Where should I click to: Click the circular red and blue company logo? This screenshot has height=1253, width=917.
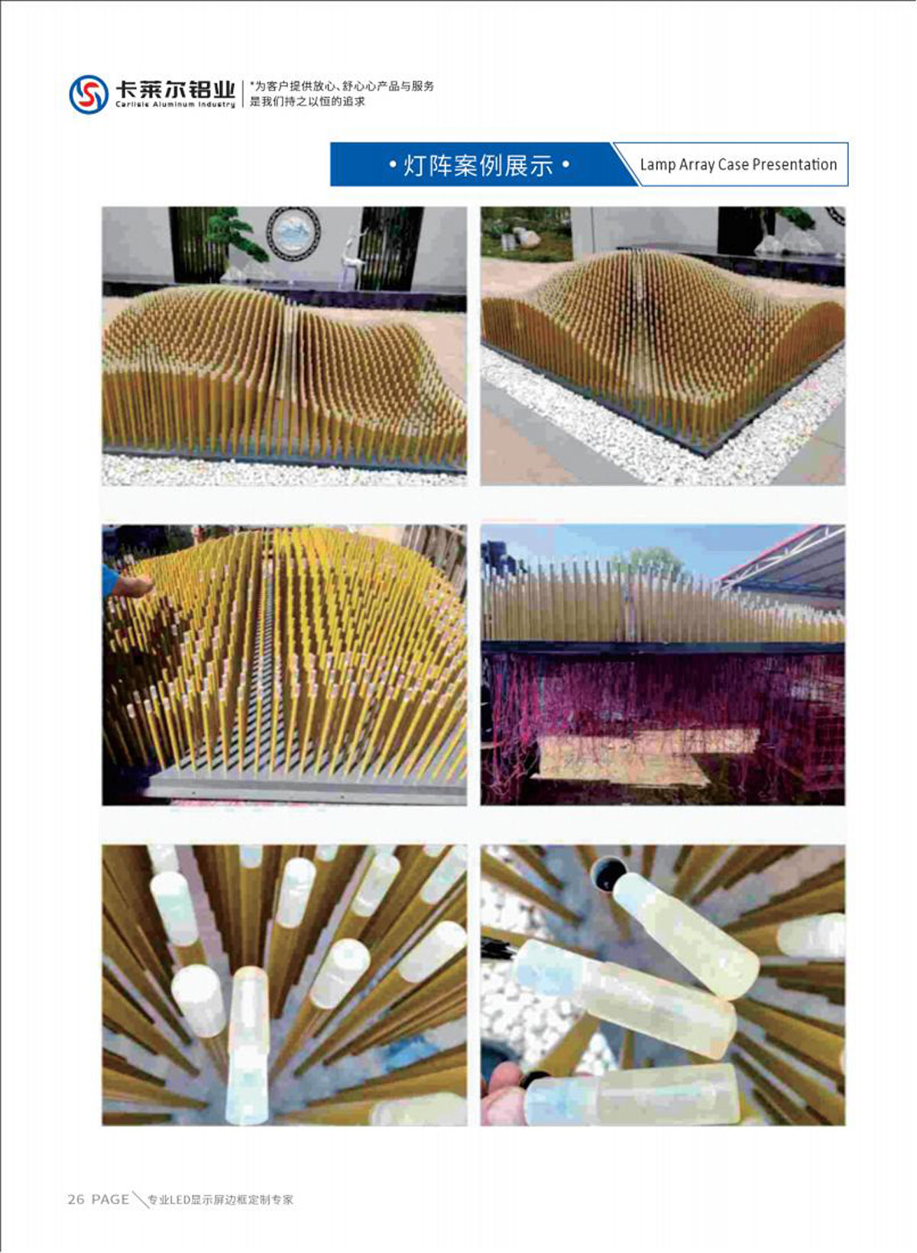coord(89,95)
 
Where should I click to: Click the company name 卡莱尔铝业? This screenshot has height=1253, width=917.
coord(175,89)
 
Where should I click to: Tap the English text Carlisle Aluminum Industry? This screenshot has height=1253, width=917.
coord(175,105)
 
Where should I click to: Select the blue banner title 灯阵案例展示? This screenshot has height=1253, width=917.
coord(478,166)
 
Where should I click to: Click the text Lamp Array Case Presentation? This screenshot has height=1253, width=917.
coord(738,164)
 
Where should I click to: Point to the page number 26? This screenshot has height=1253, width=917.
coord(76,1199)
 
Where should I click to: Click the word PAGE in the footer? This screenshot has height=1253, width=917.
coord(110,1199)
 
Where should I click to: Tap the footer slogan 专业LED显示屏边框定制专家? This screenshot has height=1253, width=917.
coord(220,1199)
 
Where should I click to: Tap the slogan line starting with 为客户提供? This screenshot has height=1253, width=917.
coord(342,86)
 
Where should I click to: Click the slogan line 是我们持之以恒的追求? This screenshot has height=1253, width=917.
coord(307,102)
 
